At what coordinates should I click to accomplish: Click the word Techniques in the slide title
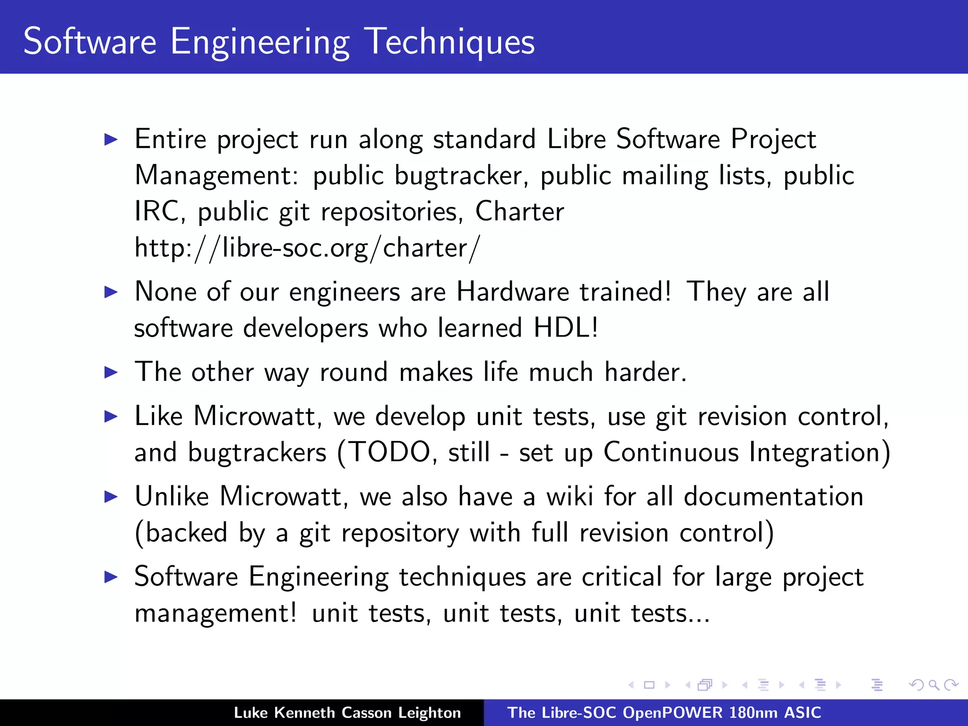coord(449,42)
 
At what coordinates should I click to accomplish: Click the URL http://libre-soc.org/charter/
coord(307,248)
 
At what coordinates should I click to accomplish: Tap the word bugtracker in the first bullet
coord(458,175)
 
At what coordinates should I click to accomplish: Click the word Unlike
coord(172,496)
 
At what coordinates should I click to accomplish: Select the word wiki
coord(570,496)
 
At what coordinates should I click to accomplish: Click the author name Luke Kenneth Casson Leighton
coord(347,713)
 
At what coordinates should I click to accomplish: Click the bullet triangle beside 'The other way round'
coord(111,372)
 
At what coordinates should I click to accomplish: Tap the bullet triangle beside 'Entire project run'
coord(111,139)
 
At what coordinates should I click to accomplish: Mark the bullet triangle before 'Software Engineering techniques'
coord(111,577)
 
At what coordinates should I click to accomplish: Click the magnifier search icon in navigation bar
coord(933,685)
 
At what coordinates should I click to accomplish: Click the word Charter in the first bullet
coord(519,211)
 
